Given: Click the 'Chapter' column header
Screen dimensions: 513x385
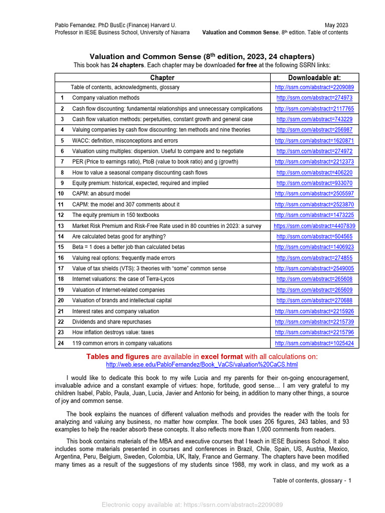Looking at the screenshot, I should (x=162, y=78).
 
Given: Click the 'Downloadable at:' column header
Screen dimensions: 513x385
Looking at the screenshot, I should (x=314, y=78).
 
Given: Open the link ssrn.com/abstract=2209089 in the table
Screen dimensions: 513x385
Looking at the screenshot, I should (x=314, y=87).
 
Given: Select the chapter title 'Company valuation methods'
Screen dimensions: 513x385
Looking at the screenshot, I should (x=106, y=98).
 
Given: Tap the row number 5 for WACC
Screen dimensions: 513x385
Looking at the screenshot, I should (x=62, y=141).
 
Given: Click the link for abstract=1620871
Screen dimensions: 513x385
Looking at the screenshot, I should (x=314, y=141).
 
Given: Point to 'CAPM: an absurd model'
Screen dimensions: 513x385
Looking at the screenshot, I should (x=101, y=194).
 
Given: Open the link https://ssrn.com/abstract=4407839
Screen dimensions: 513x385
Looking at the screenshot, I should (x=314, y=226).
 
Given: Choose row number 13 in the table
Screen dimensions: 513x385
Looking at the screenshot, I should (x=61, y=226).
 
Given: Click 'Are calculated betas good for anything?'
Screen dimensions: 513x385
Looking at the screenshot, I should (x=119, y=236).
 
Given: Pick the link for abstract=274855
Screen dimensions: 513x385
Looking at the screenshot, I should (x=314, y=258).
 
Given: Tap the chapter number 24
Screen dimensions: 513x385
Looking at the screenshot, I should (x=61, y=343).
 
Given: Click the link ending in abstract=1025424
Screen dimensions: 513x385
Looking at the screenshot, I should (x=314, y=343).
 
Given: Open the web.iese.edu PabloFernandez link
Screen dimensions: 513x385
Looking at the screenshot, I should (x=202, y=365).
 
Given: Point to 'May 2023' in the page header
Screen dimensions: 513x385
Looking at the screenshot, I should (x=336, y=25).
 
